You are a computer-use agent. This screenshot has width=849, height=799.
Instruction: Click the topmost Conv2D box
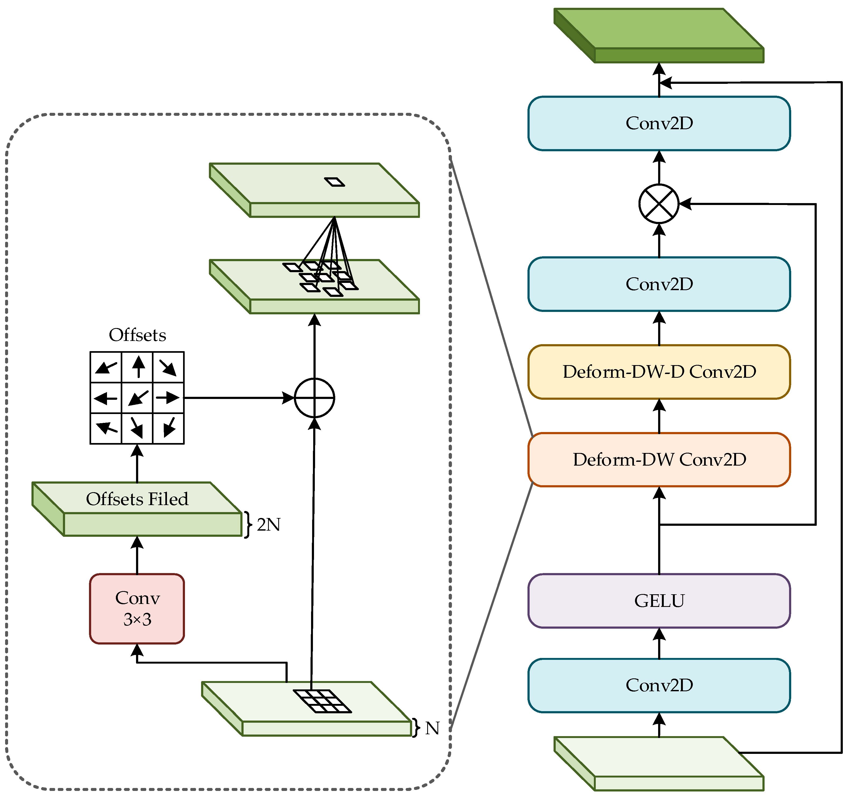click(x=659, y=123)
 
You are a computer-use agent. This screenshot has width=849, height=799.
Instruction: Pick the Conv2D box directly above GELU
click(x=659, y=685)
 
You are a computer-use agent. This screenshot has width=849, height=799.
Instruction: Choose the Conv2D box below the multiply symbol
click(x=659, y=284)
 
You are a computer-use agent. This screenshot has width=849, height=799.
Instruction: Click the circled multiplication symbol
click(x=659, y=204)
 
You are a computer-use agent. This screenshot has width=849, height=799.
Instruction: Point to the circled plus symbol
click(x=314, y=398)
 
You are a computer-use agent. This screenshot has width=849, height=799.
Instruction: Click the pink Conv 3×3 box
click(x=137, y=608)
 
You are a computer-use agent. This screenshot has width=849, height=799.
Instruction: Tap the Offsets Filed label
click(x=137, y=499)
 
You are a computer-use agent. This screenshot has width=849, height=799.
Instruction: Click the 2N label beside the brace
click(x=269, y=524)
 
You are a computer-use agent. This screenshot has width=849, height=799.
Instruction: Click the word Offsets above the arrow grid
click(x=137, y=335)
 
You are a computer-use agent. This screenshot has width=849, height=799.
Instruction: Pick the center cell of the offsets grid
click(x=137, y=398)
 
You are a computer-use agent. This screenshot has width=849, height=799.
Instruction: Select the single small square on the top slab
click(x=334, y=182)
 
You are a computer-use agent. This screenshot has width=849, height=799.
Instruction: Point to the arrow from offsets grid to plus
click(x=239, y=398)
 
